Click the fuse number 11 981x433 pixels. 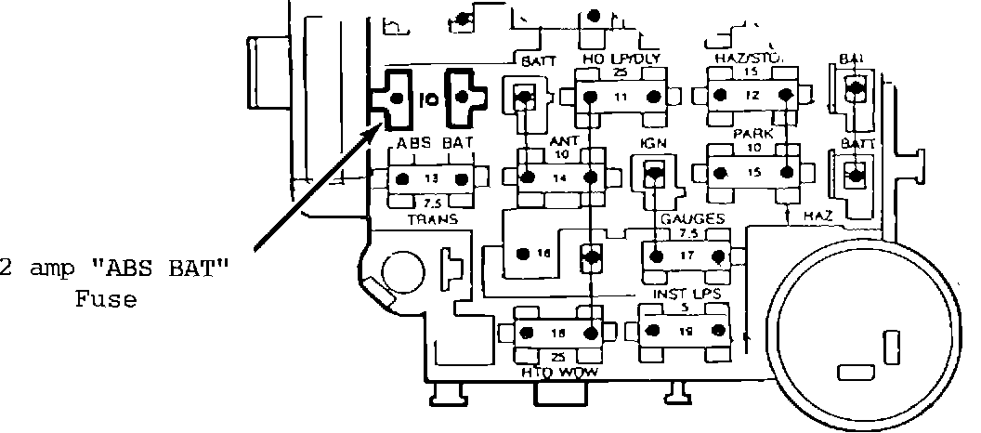(621, 96)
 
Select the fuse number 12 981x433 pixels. (752, 96)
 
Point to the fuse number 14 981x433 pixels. (558, 177)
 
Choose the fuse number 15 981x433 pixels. (753, 172)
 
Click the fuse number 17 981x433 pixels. (686, 254)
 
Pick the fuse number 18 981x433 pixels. (558, 332)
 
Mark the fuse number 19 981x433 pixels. (686, 330)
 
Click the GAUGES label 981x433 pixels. (692, 218)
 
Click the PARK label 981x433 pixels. (753, 134)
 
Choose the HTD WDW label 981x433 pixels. (558, 373)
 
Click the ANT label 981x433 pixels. (564, 141)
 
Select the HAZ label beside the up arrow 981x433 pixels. (818, 216)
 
